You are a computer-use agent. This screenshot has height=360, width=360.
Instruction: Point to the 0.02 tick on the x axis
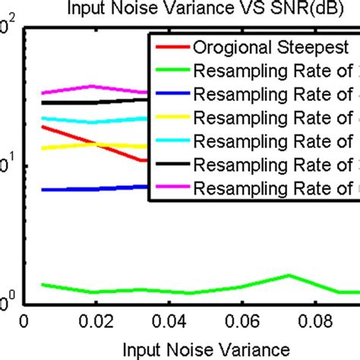[x=94, y=323]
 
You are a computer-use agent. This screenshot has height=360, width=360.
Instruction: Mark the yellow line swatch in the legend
[x=170, y=119]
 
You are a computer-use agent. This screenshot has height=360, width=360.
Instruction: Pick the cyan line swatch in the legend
[x=170, y=141]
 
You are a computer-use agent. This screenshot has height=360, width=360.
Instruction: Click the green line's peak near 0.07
[x=289, y=276]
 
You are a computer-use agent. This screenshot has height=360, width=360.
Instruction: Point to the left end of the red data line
[x=43, y=126]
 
